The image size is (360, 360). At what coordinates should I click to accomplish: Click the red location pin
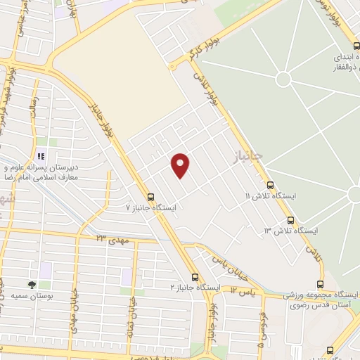point(181,165)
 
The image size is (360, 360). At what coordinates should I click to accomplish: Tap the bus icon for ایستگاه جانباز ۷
point(150,197)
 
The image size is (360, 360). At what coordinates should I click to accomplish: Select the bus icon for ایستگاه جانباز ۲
point(195,277)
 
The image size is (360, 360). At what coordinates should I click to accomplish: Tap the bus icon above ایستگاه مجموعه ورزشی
point(320,284)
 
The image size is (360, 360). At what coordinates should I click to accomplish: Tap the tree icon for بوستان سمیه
point(32,285)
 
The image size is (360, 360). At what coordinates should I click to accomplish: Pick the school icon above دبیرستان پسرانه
point(41,156)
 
